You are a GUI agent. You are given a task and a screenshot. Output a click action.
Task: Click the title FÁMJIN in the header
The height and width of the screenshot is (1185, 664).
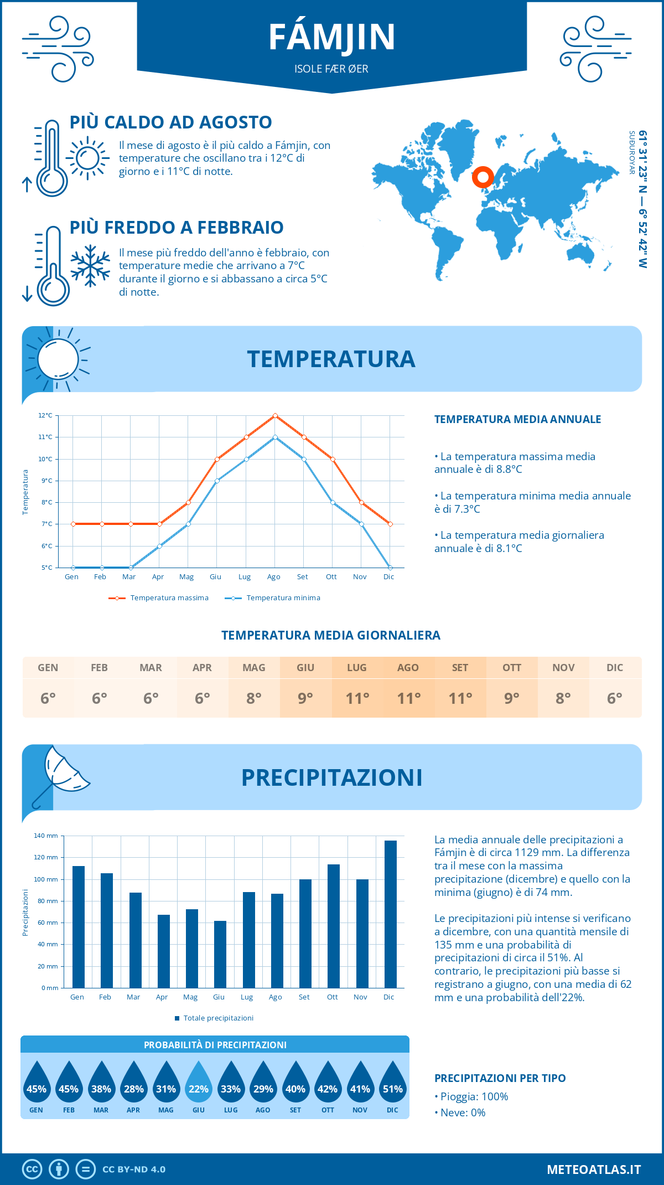332,37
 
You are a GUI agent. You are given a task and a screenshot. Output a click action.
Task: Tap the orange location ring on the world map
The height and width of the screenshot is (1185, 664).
483,177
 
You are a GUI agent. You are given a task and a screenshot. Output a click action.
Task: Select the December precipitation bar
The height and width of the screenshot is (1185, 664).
390,914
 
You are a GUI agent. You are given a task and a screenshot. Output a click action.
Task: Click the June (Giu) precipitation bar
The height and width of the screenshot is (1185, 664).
220,954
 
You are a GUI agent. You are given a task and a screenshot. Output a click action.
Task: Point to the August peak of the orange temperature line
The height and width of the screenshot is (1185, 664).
275,415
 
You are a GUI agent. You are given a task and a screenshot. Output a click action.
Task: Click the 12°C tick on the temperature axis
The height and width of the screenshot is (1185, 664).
45,415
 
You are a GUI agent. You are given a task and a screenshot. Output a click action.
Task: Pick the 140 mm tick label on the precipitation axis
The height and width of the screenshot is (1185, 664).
46,836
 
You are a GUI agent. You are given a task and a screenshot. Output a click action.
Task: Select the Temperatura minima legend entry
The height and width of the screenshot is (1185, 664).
273,598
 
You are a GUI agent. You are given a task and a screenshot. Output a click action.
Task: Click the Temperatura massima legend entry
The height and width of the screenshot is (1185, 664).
159,598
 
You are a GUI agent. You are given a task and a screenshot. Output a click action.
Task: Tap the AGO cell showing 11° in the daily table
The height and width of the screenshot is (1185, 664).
408,698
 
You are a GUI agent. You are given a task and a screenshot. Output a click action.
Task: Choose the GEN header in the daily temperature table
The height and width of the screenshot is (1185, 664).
48,668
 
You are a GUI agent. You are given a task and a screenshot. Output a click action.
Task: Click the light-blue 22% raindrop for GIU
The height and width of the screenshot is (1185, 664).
198,1083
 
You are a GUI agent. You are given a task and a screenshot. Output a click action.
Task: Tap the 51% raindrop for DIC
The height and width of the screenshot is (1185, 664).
392,1083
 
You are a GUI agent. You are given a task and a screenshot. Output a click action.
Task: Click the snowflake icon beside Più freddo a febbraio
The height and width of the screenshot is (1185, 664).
90,266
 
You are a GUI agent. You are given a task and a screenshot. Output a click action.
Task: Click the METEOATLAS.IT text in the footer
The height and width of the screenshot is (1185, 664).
593,1169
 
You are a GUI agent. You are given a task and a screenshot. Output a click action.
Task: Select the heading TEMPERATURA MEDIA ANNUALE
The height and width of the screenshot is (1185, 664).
517,419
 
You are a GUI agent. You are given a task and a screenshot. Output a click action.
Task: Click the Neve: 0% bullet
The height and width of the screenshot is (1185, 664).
460,1112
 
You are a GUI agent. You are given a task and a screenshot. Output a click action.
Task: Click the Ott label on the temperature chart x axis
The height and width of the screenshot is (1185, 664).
331,577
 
